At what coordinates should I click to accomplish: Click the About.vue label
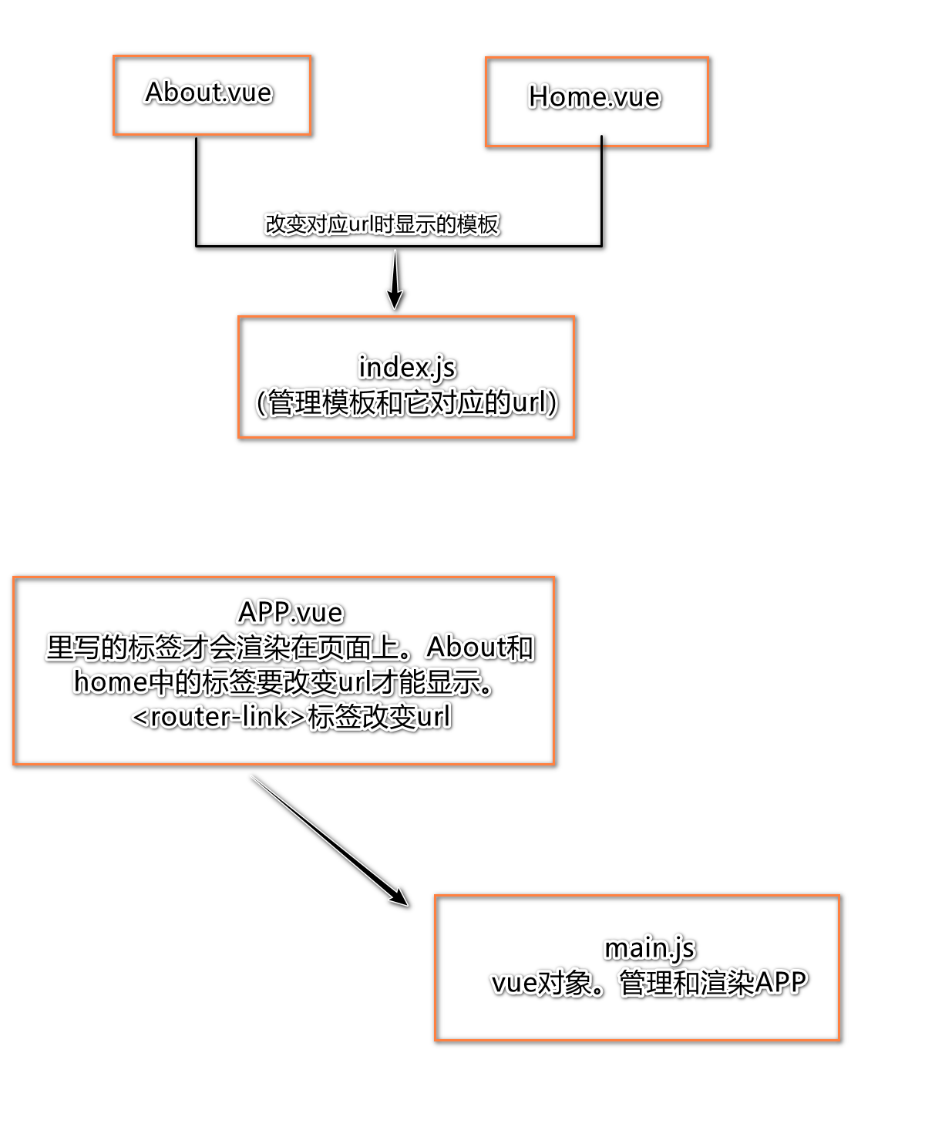(x=209, y=93)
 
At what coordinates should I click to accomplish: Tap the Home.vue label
(x=594, y=97)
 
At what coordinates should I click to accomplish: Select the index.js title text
(x=407, y=367)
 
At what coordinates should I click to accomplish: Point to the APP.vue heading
(x=291, y=612)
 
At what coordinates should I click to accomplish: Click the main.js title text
(x=650, y=947)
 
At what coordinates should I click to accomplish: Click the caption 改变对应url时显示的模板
(x=383, y=224)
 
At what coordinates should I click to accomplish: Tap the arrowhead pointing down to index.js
(x=395, y=296)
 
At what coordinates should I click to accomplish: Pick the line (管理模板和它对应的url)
(x=407, y=402)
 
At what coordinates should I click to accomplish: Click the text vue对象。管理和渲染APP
(x=649, y=983)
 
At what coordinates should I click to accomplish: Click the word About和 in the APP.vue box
(x=479, y=648)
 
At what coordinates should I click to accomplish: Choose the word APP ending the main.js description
(x=781, y=983)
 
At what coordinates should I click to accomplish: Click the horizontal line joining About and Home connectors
(x=308, y=246)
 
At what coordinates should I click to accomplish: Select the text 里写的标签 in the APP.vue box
(x=114, y=648)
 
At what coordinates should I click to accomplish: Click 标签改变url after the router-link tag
(x=379, y=717)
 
